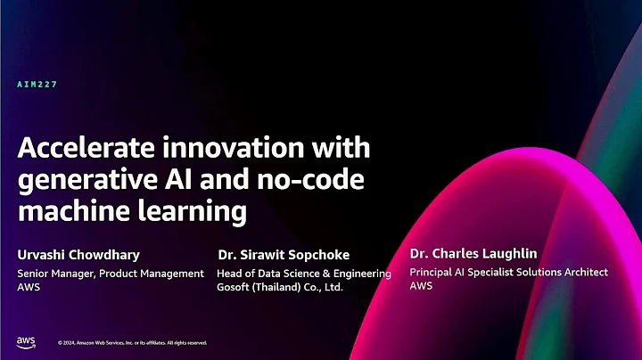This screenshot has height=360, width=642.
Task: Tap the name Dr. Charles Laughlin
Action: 473,253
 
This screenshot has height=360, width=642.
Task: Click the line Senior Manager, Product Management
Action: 111,274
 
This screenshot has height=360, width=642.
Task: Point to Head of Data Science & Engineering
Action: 304,274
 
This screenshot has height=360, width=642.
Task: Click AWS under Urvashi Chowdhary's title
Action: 29,289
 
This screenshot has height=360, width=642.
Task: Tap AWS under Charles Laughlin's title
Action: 422,287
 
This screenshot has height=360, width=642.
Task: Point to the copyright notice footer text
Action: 132,342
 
